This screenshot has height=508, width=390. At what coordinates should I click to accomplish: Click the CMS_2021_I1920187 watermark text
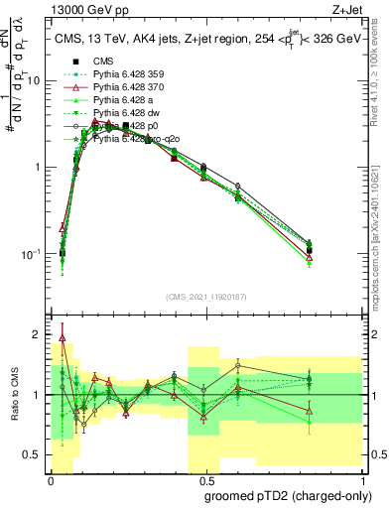tap(205, 297)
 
